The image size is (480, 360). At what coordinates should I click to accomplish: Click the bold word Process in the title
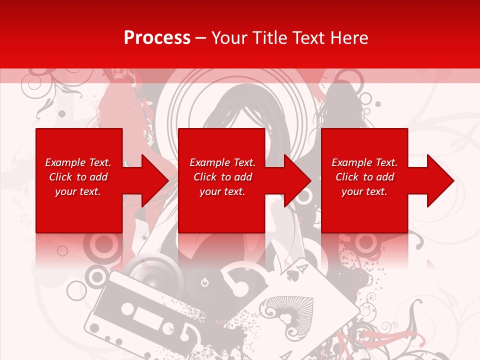click(157, 38)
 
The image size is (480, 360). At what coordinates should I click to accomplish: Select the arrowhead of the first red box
click(153, 180)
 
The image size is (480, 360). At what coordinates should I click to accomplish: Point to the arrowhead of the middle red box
click(295, 180)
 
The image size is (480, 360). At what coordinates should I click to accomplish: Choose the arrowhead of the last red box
click(438, 180)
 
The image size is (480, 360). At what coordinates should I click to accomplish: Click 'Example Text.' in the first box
click(78, 162)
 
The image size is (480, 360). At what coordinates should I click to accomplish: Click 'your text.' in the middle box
click(222, 191)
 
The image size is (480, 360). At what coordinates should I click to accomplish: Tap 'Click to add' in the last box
click(364, 177)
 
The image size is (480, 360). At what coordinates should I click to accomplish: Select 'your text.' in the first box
click(78, 191)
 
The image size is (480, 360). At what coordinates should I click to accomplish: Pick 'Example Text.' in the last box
click(364, 162)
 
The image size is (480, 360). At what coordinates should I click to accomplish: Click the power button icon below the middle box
click(204, 283)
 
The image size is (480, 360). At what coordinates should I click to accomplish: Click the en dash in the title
click(201, 38)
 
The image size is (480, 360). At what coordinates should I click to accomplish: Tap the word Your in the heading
click(228, 38)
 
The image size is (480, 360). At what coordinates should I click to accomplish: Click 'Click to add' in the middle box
click(222, 177)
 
